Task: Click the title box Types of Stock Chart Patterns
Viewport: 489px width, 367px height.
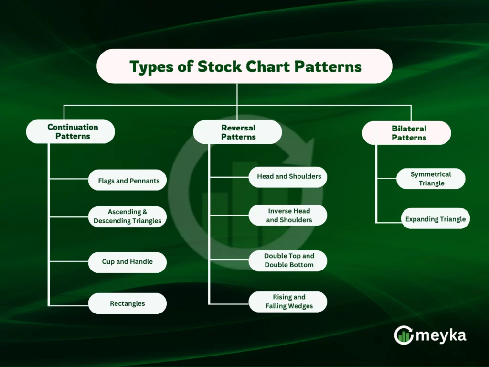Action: [x=244, y=66]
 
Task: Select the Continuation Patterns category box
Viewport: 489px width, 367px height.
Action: [x=71, y=131]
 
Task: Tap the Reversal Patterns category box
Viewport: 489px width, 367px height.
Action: [x=237, y=132]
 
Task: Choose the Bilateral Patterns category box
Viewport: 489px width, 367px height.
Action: [x=406, y=133]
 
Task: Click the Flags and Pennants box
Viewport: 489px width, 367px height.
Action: [x=128, y=181]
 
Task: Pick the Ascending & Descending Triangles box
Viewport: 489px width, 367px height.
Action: [x=128, y=216]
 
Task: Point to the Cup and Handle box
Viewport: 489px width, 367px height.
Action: [x=128, y=262]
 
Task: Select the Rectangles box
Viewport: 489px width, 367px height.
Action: [x=128, y=303]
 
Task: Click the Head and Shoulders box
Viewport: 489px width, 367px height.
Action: [x=288, y=176]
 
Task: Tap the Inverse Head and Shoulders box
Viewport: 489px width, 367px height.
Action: [x=288, y=216]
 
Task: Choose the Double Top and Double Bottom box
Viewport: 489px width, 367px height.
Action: [x=288, y=260]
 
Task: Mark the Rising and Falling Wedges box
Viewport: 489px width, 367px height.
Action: [x=288, y=302]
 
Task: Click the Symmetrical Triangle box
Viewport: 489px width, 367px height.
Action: [x=431, y=179]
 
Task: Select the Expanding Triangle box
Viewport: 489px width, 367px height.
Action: [x=435, y=219]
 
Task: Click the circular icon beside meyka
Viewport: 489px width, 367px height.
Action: [x=404, y=335]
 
